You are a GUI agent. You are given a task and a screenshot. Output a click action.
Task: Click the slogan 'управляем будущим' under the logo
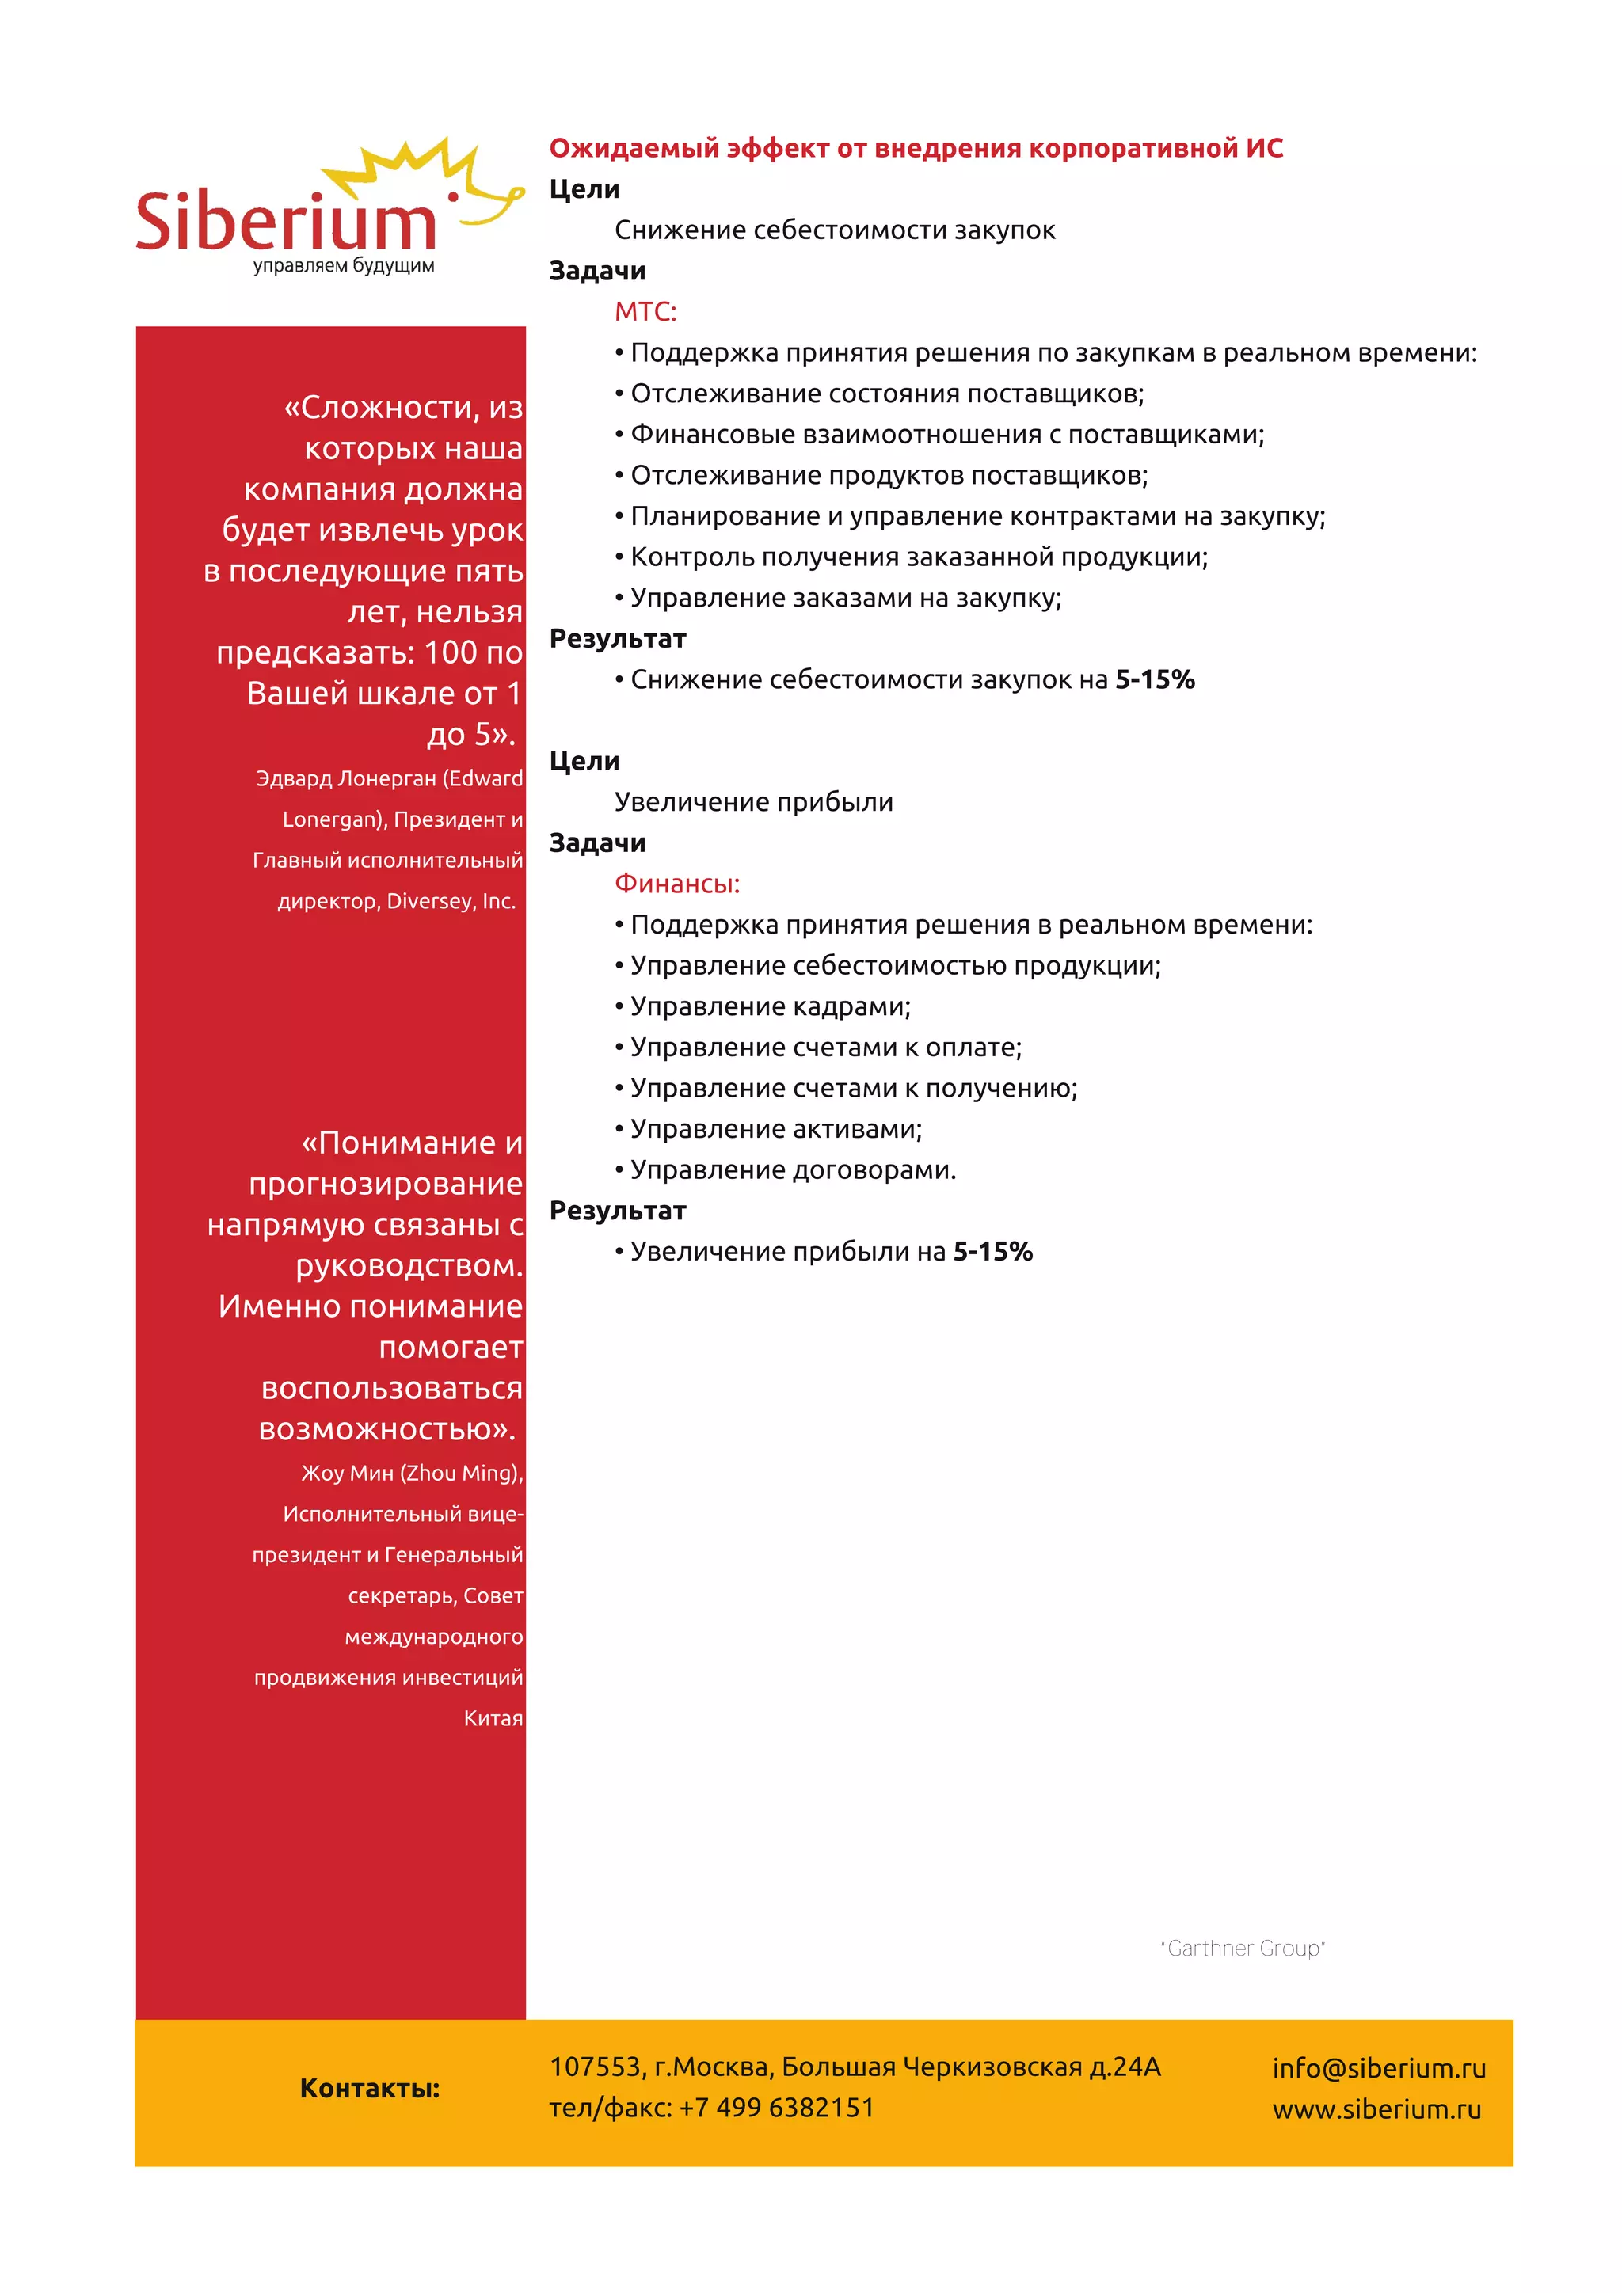344,266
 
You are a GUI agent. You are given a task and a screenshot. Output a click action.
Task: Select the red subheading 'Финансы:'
677,884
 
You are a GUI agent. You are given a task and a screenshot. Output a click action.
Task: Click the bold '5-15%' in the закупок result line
1155,680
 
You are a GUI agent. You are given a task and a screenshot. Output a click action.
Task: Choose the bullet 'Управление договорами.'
793,1170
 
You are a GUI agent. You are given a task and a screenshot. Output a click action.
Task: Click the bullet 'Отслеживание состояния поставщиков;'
887,394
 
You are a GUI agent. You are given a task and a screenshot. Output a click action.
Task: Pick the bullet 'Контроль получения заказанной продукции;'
919,557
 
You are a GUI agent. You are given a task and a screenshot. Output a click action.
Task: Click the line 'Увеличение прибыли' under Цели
753,802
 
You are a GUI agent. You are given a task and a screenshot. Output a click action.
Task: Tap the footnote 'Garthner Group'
1243,1949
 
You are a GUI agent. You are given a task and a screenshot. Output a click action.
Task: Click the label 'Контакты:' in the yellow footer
370,2088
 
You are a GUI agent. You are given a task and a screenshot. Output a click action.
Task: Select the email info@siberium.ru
1378,2068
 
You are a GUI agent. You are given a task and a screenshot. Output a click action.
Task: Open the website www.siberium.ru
1376,2109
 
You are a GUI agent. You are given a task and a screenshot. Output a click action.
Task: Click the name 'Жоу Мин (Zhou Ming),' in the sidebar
412,1473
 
